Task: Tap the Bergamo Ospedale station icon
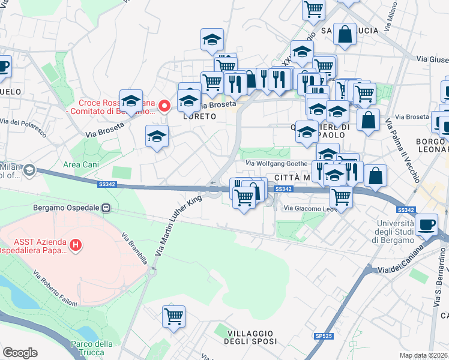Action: [106, 208]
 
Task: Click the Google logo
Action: [20, 353]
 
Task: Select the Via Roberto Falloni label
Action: [55, 289]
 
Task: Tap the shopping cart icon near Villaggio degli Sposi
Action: [173, 316]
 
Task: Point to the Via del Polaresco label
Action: [23, 122]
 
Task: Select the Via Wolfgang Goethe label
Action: [276, 163]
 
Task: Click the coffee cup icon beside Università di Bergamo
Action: [427, 224]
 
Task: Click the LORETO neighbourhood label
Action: [199, 116]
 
